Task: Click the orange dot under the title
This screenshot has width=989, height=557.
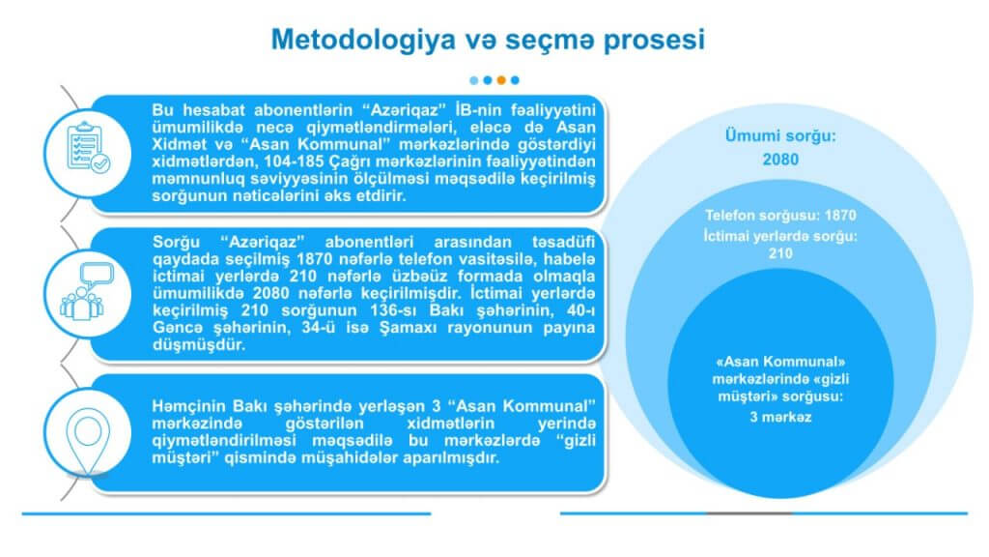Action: click(501, 80)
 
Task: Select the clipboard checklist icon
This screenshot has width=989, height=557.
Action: click(88, 148)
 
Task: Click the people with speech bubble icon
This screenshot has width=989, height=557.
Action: click(87, 291)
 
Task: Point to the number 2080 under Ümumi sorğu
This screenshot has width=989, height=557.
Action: click(780, 160)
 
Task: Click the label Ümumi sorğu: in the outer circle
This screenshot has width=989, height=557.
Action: click(780, 135)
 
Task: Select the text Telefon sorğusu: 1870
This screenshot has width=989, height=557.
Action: click(780, 216)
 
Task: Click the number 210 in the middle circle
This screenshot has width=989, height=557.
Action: click(780, 253)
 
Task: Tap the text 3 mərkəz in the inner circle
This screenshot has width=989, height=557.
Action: click(780, 417)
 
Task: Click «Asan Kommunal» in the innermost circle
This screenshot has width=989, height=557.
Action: click(780, 362)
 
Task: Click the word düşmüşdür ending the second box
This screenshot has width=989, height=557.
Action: click(199, 345)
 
